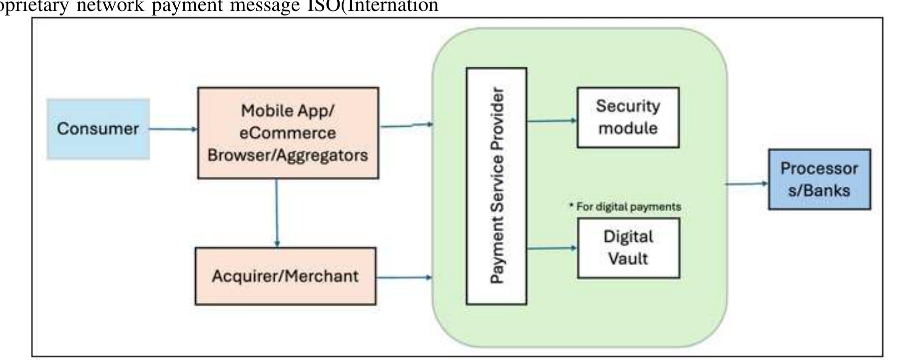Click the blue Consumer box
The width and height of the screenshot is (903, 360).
pyautogui.click(x=98, y=129)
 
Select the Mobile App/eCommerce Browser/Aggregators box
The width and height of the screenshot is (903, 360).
pyautogui.click(x=288, y=133)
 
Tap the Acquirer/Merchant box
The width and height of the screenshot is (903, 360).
pyautogui.click(x=285, y=276)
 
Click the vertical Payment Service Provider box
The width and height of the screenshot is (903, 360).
pyautogui.click(x=496, y=186)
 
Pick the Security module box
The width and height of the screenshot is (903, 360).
pyautogui.click(x=628, y=117)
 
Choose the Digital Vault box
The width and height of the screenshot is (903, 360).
pyautogui.click(x=628, y=248)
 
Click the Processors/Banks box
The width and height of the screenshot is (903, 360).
pyautogui.click(x=819, y=179)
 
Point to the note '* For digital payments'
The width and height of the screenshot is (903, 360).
pyautogui.click(x=625, y=207)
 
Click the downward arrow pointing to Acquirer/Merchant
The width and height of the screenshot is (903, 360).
pyautogui.click(x=277, y=213)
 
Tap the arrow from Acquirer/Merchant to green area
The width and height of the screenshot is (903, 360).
pyautogui.click(x=404, y=277)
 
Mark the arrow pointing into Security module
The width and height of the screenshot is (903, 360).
pyautogui.click(x=552, y=120)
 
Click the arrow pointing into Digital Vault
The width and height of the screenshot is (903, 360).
pyautogui.click(x=552, y=248)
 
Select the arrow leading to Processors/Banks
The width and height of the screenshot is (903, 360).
pyautogui.click(x=747, y=184)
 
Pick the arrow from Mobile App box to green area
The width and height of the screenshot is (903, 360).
pyautogui.click(x=406, y=125)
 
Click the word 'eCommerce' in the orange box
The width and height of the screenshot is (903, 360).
pyautogui.click(x=288, y=133)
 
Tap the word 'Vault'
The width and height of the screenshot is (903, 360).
pyautogui.click(x=628, y=259)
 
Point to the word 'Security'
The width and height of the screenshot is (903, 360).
pyautogui.click(x=628, y=106)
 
